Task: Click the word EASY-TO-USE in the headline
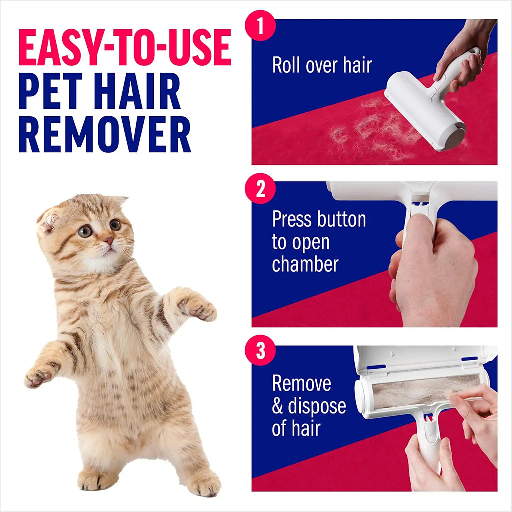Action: click(x=125, y=49)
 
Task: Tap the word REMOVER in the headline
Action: click(x=105, y=135)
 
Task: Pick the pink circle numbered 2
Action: click(x=260, y=190)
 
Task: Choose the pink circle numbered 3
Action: click(x=260, y=352)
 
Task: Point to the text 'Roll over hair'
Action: click(x=322, y=65)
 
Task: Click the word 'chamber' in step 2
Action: click(x=305, y=264)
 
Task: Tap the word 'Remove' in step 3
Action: click(x=301, y=383)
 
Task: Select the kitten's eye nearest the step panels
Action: click(x=115, y=225)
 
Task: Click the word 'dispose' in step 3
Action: click(x=317, y=406)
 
